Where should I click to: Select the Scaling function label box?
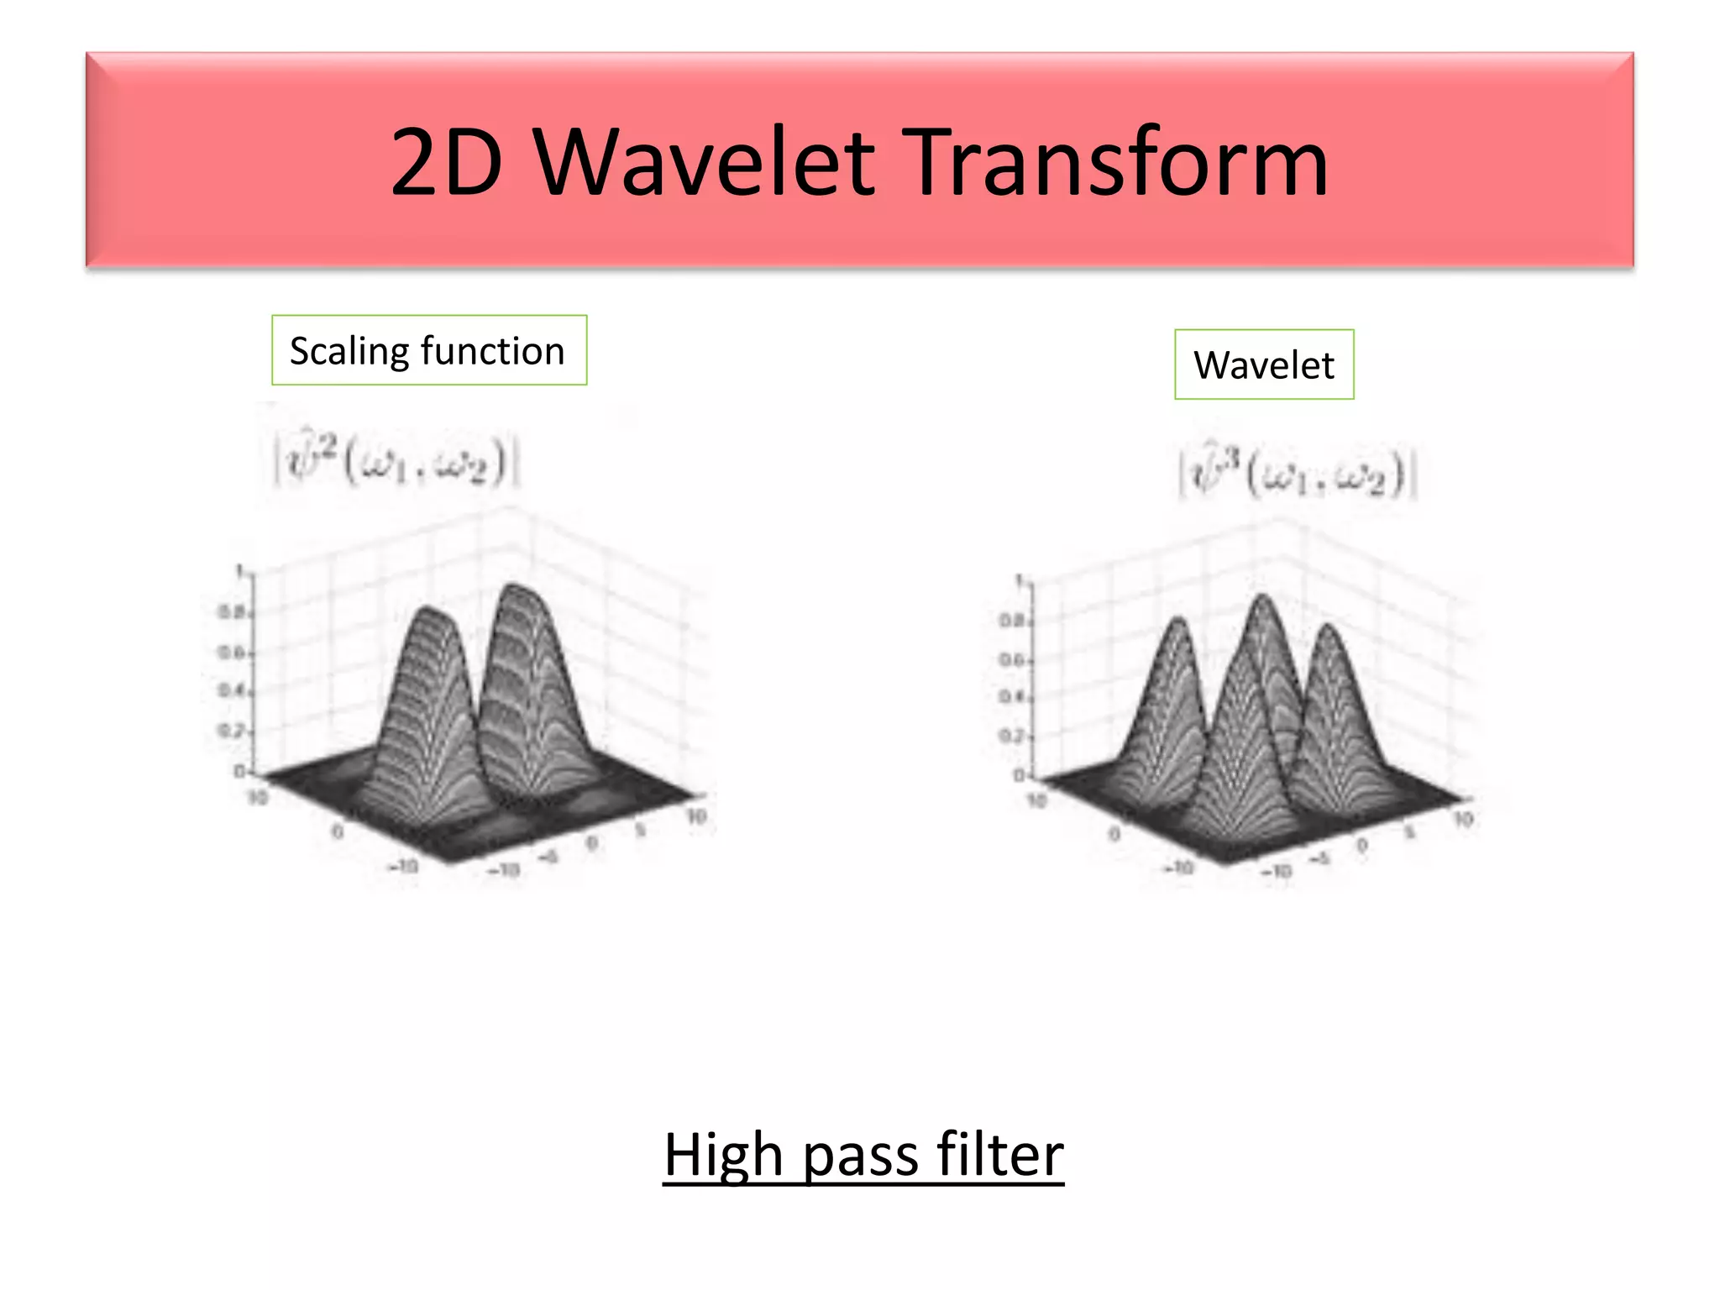tap(429, 350)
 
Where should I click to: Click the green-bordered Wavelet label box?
tap(1264, 364)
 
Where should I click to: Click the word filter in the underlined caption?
tap(999, 1155)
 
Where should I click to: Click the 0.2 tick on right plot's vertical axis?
tap(1010, 737)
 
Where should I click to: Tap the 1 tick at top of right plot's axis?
tap(1020, 580)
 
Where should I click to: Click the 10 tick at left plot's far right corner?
tap(697, 816)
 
